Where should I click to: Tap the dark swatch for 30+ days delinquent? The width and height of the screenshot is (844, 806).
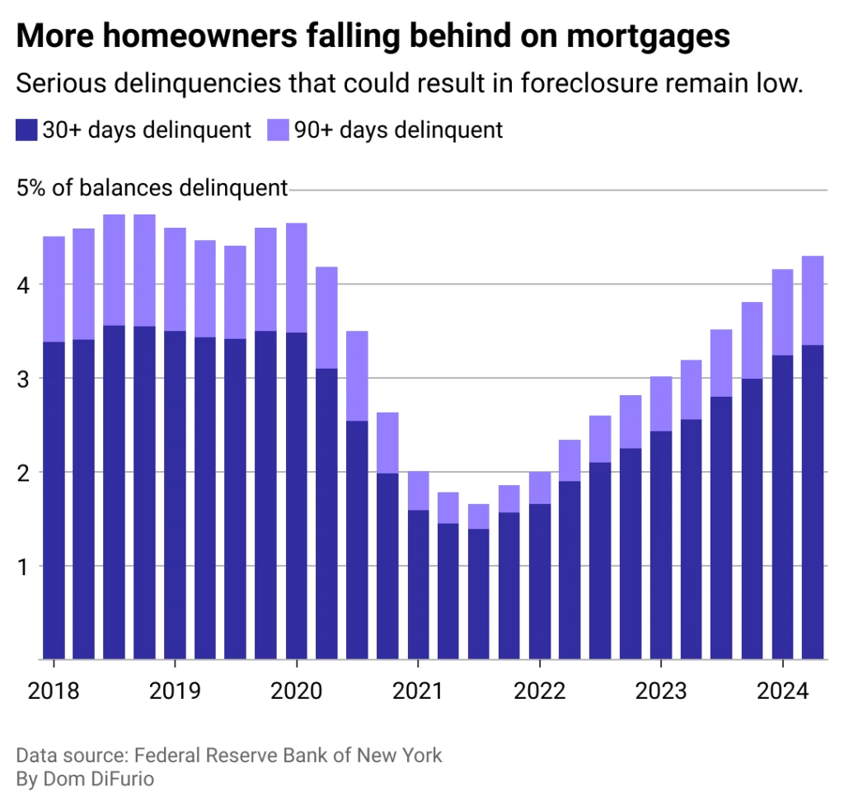pyautogui.click(x=26, y=130)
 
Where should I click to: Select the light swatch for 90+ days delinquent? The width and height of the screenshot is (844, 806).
pyautogui.click(x=278, y=130)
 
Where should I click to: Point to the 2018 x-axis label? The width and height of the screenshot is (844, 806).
pyautogui.click(x=54, y=690)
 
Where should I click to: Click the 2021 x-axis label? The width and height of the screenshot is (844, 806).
pyautogui.click(x=418, y=690)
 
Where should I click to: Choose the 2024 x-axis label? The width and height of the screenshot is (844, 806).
pyautogui.click(x=782, y=690)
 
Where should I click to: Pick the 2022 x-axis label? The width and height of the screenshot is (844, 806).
pyautogui.click(x=539, y=690)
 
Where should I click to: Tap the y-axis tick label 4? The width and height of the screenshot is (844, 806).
pyautogui.click(x=23, y=285)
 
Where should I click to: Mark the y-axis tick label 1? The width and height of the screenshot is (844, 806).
pyautogui.click(x=23, y=567)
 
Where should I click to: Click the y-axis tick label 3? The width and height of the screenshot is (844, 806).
pyautogui.click(x=23, y=379)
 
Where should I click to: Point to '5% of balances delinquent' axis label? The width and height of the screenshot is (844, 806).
pyautogui.click(x=152, y=189)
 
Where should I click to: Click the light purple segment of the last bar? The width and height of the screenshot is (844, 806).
pyautogui.click(x=813, y=300)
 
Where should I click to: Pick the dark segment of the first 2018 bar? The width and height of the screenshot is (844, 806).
pyautogui.click(x=54, y=500)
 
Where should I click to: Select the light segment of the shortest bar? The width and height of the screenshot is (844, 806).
pyautogui.click(x=479, y=516)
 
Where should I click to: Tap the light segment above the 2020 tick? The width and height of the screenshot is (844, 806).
pyautogui.click(x=297, y=277)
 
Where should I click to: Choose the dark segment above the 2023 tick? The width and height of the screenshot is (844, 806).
pyautogui.click(x=661, y=544)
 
